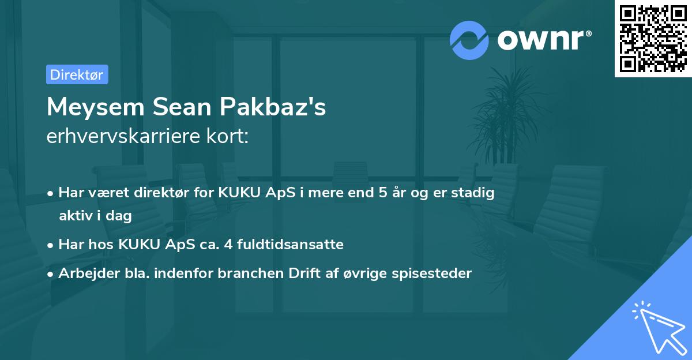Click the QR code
click(x=653, y=38)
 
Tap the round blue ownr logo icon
click(x=469, y=40)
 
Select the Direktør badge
click(x=77, y=74)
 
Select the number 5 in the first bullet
click(x=382, y=193)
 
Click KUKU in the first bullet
click(x=238, y=193)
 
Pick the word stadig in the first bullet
click(x=474, y=193)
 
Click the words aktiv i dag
click(x=95, y=216)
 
